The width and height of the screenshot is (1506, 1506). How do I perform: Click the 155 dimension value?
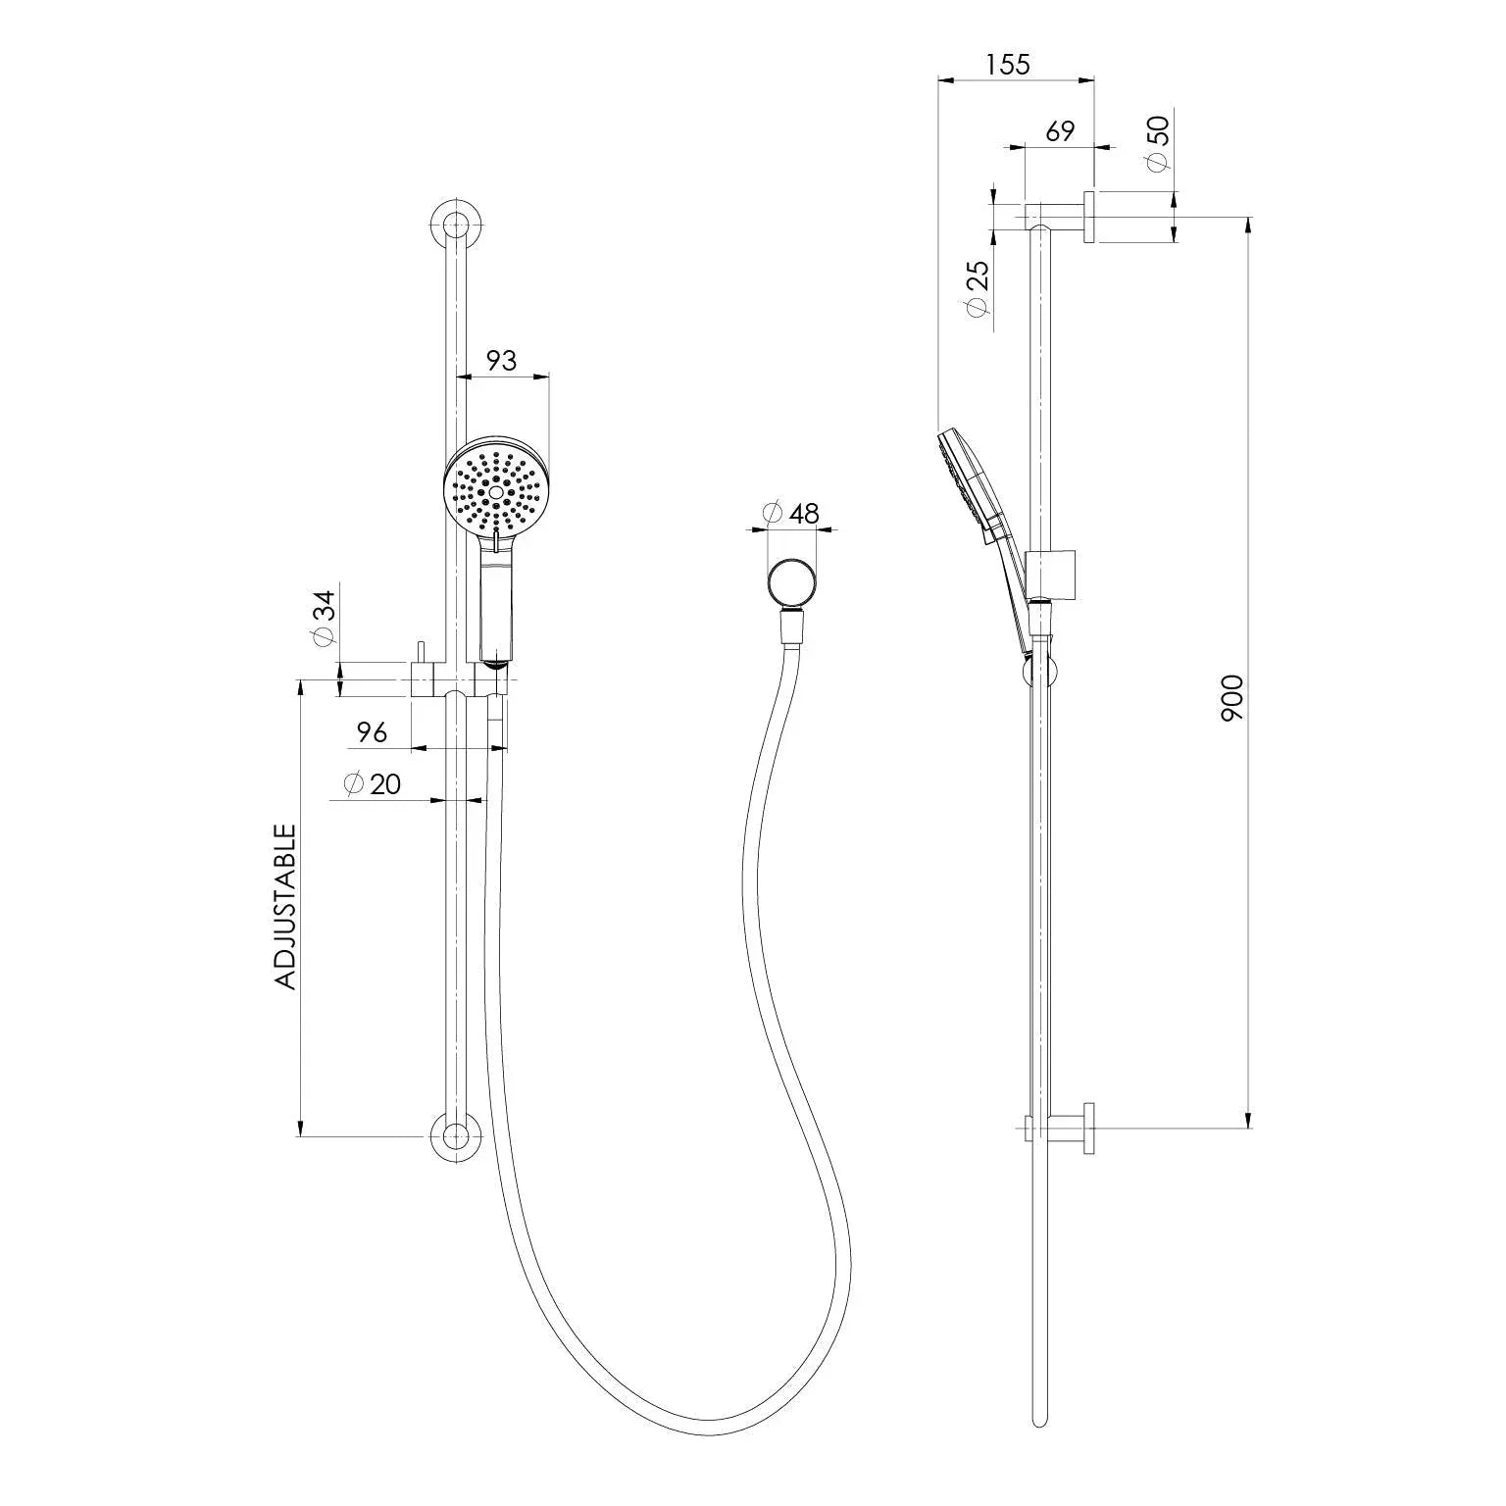click(x=1008, y=65)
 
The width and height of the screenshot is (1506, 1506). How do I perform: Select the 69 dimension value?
click(x=1060, y=131)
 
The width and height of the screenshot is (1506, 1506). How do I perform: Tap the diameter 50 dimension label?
click(x=1158, y=143)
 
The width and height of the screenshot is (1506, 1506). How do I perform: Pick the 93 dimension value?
click(x=501, y=361)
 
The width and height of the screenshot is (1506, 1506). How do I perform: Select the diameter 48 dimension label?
click(x=791, y=513)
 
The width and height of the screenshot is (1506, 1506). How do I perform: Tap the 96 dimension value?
click(x=372, y=731)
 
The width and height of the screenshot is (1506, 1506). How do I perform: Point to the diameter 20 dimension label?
click(x=373, y=784)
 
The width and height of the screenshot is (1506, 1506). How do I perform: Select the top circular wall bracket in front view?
click(x=455, y=224)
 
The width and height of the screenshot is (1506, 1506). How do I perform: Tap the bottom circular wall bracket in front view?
click(x=455, y=1136)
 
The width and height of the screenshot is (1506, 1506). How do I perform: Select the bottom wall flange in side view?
click(x=1089, y=1129)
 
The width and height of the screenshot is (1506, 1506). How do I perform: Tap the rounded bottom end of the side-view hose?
click(x=1040, y=1421)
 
